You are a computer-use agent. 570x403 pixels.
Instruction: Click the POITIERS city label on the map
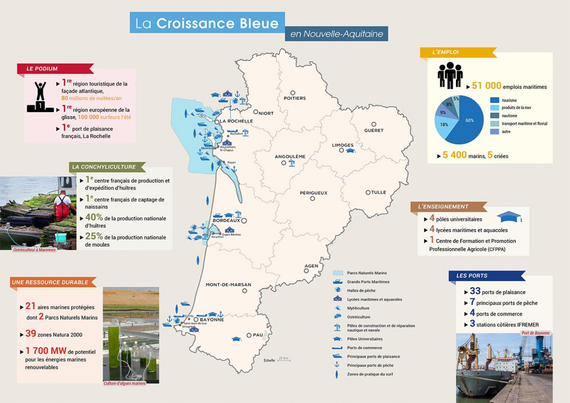pyautogui.click(x=295, y=98)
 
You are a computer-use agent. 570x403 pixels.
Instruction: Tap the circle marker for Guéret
pyautogui.click(x=374, y=124)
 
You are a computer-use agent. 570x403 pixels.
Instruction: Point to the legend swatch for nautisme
pyautogui.click(x=495, y=116)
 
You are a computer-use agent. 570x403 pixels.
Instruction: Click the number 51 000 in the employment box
pyautogui.click(x=486, y=86)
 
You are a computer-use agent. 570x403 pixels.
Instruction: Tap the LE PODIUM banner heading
pyautogui.click(x=42, y=69)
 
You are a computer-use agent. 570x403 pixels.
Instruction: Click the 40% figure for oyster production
pyautogui.click(x=94, y=217)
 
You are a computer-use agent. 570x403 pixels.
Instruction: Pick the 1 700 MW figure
pyautogui.click(x=46, y=351)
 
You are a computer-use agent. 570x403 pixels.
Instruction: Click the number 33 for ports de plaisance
pyautogui.click(x=475, y=291)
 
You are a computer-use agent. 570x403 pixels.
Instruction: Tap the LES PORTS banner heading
pyautogui.click(x=472, y=276)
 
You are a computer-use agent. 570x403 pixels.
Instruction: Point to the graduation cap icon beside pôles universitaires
pyautogui.click(x=509, y=217)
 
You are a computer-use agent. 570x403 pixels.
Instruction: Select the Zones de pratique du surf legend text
pyautogui.click(x=370, y=374)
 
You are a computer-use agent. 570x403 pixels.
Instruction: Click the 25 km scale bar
pyautogui.click(x=284, y=359)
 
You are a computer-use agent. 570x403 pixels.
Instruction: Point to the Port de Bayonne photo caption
pyautogui.click(x=536, y=333)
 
